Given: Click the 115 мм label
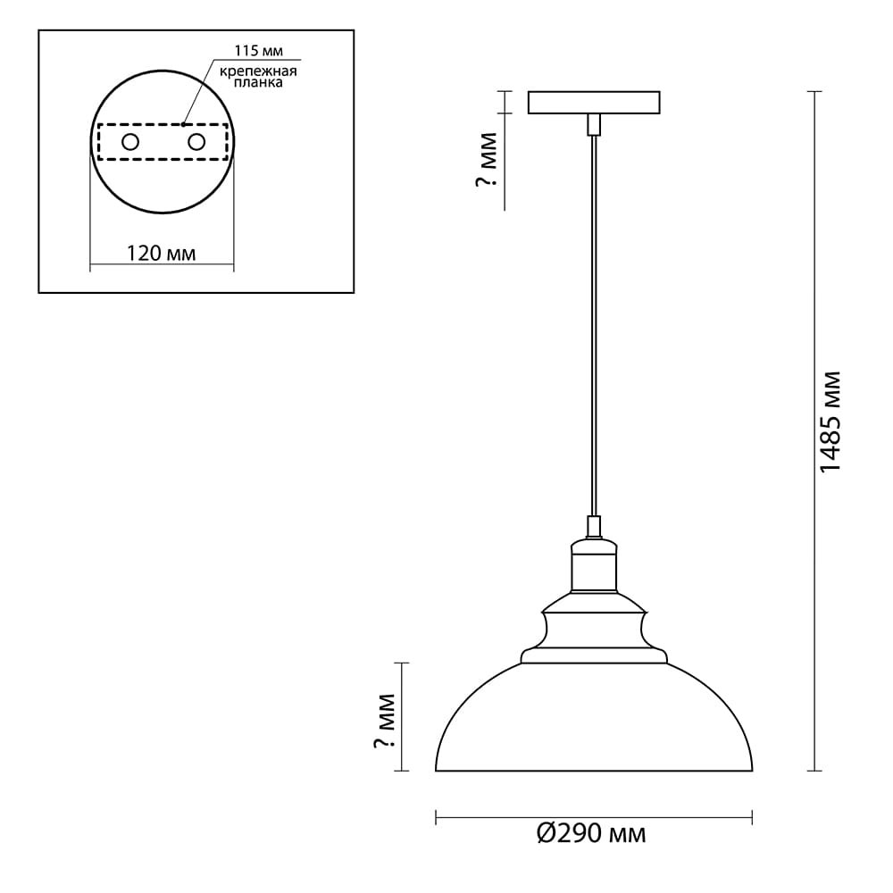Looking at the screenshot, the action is [x=259, y=51].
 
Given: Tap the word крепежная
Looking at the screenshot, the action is [x=259, y=71].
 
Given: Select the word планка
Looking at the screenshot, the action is [x=259, y=82].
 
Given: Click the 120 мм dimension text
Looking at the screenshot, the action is [x=161, y=253].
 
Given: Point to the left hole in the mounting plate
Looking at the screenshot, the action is [x=130, y=142].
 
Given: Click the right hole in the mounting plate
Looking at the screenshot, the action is [x=196, y=142].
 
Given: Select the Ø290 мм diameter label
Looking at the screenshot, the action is [x=591, y=834].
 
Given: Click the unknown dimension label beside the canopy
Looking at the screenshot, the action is [x=487, y=160].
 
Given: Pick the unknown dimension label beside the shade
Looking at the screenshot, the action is [x=384, y=721].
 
